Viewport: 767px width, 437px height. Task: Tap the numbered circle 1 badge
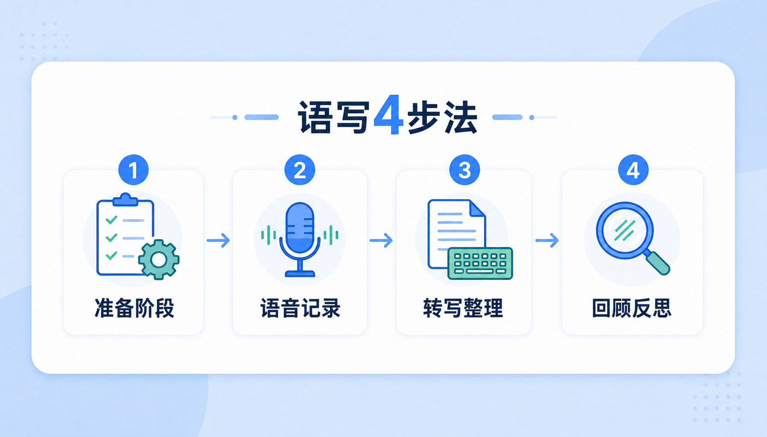click(x=133, y=170)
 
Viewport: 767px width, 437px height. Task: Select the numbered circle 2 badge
click(x=300, y=170)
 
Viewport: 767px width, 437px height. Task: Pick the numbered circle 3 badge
click(x=465, y=170)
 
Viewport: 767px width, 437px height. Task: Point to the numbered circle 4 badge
click(x=634, y=170)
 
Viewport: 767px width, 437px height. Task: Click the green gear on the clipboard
click(x=159, y=260)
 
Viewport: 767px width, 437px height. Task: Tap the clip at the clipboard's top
click(x=126, y=200)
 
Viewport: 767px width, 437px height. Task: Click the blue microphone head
click(x=300, y=228)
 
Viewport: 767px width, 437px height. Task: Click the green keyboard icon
click(x=480, y=263)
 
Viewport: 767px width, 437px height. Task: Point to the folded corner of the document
click(x=477, y=209)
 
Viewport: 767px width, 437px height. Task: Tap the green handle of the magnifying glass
click(x=658, y=262)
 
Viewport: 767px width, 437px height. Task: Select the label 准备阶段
click(x=134, y=308)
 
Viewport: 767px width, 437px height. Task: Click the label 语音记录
click(x=300, y=308)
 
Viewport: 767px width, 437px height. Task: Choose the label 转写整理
click(x=463, y=308)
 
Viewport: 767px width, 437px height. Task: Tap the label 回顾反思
click(x=632, y=308)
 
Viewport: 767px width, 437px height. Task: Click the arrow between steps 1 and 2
click(x=218, y=240)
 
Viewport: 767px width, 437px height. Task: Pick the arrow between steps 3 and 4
click(x=547, y=240)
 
